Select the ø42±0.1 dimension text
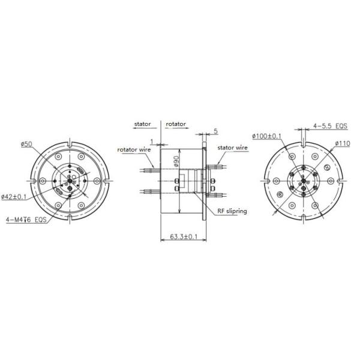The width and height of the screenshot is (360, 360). click(14, 196)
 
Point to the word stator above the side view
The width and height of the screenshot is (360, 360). click(142, 124)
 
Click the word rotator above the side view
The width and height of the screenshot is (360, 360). click(176, 124)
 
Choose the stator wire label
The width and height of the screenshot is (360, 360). click(233, 147)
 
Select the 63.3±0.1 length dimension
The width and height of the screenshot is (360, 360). click(184, 237)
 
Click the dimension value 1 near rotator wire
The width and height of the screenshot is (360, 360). click(152, 142)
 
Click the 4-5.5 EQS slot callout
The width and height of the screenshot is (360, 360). click(329, 127)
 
